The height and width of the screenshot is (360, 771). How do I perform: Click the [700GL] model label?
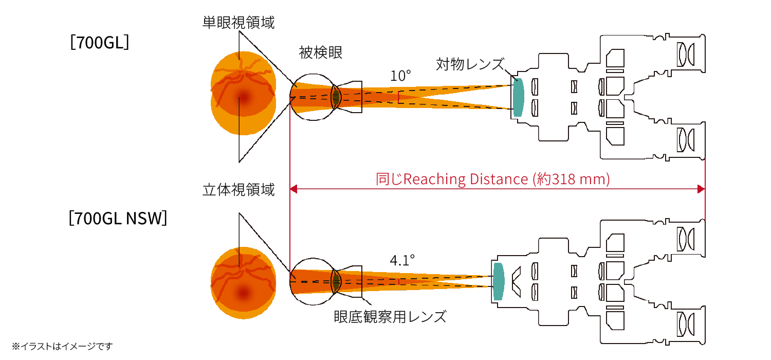coord(100,42)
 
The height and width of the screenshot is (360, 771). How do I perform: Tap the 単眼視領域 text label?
coord(238,22)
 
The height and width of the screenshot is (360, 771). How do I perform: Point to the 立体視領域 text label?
coord(238,190)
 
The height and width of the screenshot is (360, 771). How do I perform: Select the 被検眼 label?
coord(320,52)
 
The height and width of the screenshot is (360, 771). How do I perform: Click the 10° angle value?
coord(400,76)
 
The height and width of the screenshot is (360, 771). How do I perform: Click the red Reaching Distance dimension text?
coord(493,179)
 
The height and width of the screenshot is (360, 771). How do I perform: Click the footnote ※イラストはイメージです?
coord(62,346)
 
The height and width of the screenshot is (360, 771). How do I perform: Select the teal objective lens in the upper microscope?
coord(518,97)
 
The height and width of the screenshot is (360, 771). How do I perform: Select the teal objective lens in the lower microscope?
coord(498,281)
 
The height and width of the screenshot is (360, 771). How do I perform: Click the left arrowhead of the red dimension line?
coord(294,190)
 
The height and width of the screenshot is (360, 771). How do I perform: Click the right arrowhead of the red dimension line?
coord(701,190)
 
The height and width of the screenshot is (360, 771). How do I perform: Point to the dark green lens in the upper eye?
coord(335,96)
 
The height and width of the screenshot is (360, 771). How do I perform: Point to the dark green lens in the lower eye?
coord(336,281)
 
